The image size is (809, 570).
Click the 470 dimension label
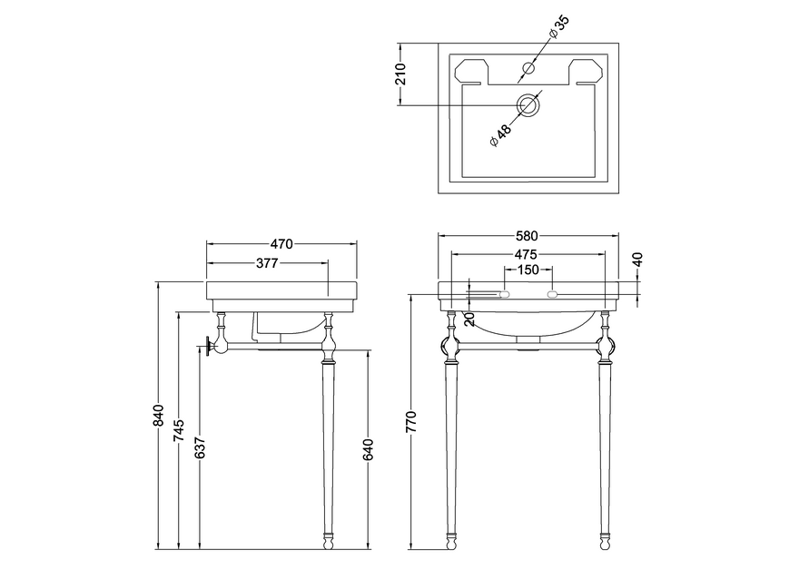(281, 243)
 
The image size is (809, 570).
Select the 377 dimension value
(265, 262)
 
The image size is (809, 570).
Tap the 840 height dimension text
(159, 415)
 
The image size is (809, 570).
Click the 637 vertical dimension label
(200, 448)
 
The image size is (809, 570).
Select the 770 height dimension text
(411, 422)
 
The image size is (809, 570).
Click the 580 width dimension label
(528, 236)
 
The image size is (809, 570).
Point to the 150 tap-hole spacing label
(528, 270)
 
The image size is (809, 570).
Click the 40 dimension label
(637, 260)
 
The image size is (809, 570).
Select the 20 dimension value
(469, 319)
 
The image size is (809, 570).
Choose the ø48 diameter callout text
(500, 133)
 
